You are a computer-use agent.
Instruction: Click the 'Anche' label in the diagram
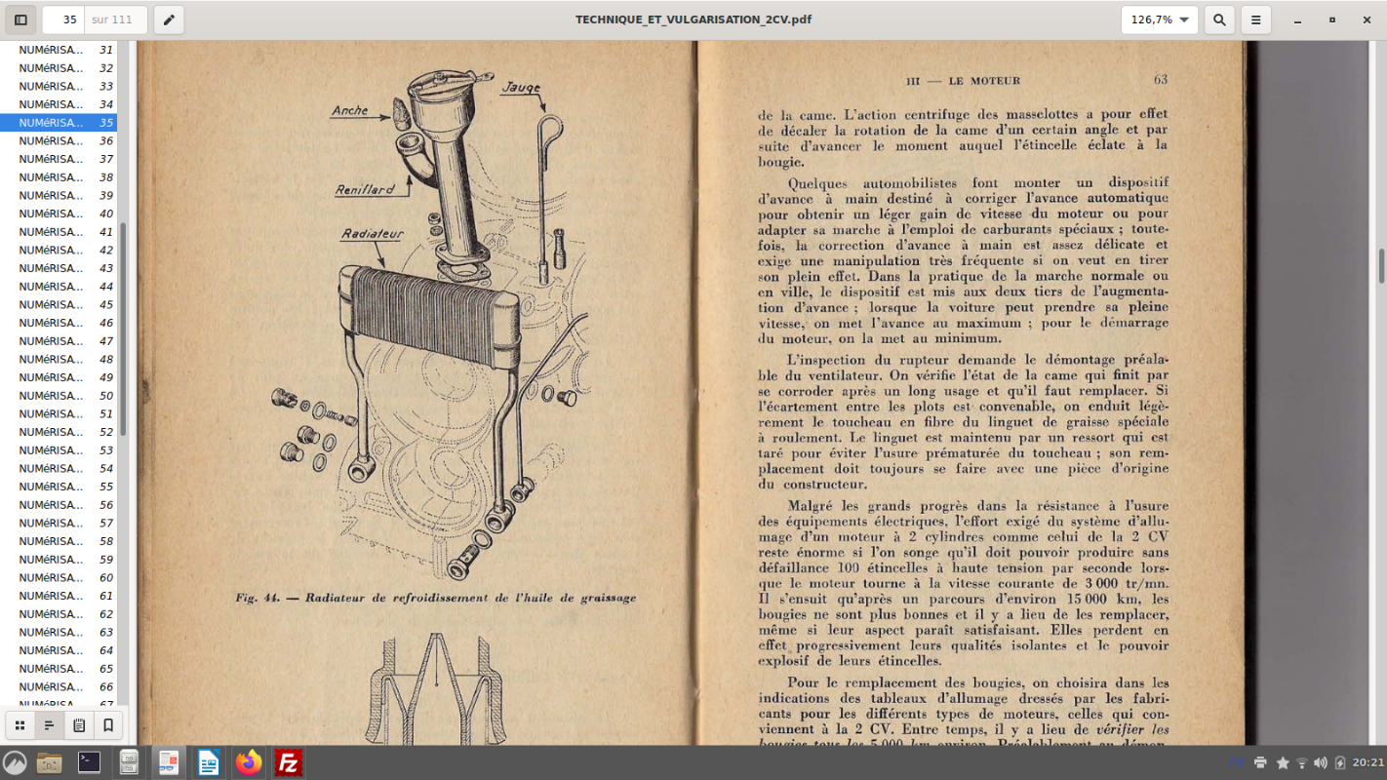350,110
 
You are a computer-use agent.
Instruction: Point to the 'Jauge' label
521,88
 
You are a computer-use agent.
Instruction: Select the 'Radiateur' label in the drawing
373,234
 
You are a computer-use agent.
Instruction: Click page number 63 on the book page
1160,80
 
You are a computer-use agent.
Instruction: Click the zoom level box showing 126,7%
1159,19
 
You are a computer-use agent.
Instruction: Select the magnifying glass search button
1218,19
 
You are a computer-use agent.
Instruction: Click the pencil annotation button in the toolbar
169,19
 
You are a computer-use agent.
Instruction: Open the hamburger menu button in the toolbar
1256,19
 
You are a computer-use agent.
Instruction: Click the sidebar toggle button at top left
20,19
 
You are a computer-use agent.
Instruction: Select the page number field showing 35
63,19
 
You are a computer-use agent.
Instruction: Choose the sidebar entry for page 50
59,396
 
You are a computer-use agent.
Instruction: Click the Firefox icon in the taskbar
249,762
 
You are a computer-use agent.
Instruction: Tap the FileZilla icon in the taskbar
288,762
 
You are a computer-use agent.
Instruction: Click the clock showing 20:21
1367,762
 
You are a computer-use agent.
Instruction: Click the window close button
1368,19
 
